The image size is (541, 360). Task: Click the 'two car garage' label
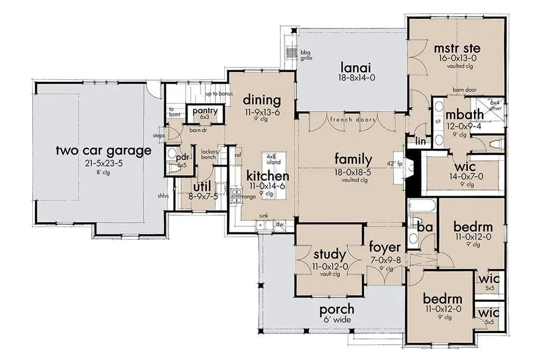coord(104,151)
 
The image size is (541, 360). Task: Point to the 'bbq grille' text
coord(307,55)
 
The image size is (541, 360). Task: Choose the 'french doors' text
coord(353,120)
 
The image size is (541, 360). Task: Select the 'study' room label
coord(329,254)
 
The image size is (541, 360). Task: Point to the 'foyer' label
coord(385,247)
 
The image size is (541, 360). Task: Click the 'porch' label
coord(337,309)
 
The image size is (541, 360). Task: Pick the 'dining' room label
coord(262,100)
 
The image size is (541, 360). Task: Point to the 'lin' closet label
coord(420,141)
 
